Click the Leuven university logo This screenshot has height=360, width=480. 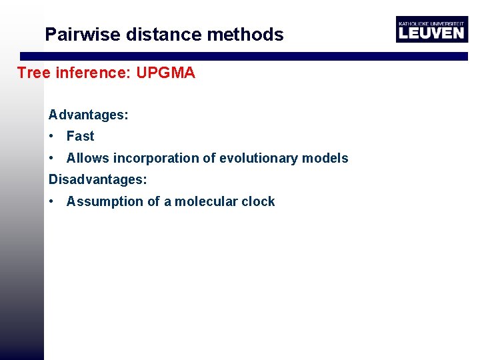coord(431,29)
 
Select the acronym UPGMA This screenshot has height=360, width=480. coord(165,73)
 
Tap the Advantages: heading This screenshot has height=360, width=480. coord(89,115)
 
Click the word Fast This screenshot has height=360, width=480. coord(81,136)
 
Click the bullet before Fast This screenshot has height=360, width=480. coord(51,136)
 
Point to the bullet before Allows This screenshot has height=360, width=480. coord(51,158)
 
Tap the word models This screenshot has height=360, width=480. coord(325,158)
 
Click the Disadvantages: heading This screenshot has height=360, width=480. coord(98,179)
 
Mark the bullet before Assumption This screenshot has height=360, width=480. coord(51,201)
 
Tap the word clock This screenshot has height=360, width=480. coord(259,201)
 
